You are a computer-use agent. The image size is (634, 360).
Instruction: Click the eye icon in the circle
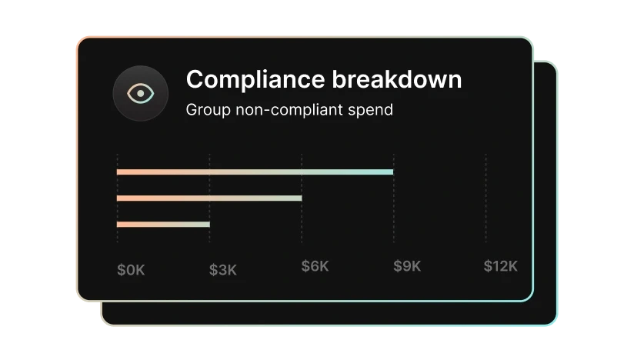[x=140, y=93]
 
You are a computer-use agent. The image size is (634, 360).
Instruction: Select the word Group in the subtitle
[x=205, y=110]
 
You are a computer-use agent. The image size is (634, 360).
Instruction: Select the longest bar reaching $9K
[x=255, y=172]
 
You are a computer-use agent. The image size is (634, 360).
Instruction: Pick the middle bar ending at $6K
[x=209, y=198]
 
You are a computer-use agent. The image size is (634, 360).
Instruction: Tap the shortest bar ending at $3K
[x=163, y=225]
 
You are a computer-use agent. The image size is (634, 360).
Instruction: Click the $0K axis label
[x=131, y=269]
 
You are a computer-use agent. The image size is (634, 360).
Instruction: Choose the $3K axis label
[x=223, y=269]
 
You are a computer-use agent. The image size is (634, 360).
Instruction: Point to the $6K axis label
[x=315, y=266]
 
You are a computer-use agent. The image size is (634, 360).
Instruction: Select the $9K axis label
[x=408, y=266]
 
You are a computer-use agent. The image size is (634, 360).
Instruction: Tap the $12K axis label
[x=501, y=266]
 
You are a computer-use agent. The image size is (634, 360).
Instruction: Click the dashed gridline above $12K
[x=486, y=200]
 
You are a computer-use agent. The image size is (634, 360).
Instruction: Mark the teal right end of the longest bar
[x=390, y=172]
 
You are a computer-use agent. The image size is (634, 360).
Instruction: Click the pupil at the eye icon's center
[x=140, y=93]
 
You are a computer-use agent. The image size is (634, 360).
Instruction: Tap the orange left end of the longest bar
[x=120, y=172]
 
